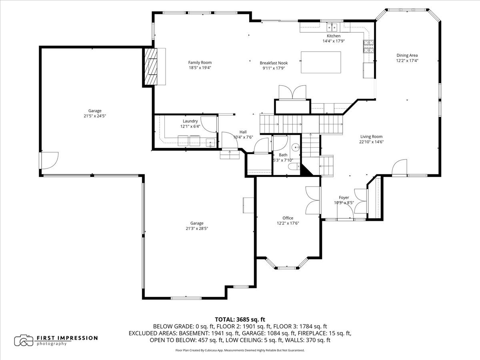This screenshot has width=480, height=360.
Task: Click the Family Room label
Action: click(x=200, y=62)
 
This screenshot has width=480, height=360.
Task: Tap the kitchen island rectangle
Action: click(x=321, y=62)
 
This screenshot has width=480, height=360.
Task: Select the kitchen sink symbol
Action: click(x=332, y=28)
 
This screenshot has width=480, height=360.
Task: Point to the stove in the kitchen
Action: click(x=368, y=46)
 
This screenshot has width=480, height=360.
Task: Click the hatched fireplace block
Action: click(x=151, y=67)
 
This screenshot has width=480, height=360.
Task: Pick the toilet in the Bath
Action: click(x=294, y=167)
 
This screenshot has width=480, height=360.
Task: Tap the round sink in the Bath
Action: click(x=296, y=147)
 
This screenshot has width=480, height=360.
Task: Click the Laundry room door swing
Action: click(x=209, y=124)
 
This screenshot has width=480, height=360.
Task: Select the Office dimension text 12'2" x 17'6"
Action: click(x=288, y=223)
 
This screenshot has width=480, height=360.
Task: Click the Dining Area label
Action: click(x=407, y=55)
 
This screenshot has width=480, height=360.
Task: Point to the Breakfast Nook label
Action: click(x=274, y=63)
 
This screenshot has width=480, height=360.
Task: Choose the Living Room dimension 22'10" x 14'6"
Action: click(x=372, y=142)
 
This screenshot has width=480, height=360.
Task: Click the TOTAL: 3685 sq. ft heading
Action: click(x=240, y=320)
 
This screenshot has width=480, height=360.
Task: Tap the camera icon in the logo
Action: click(x=24, y=340)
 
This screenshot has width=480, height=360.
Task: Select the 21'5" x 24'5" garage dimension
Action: click(x=95, y=116)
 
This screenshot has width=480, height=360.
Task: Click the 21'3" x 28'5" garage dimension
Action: click(x=197, y=228)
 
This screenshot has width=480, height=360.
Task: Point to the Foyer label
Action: click(x=344, y=197)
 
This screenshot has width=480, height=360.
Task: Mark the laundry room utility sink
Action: click(x=210, y=142)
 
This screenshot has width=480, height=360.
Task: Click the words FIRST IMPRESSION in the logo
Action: click(x=67, y=338)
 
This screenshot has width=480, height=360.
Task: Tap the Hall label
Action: click(x=243, y=132)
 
